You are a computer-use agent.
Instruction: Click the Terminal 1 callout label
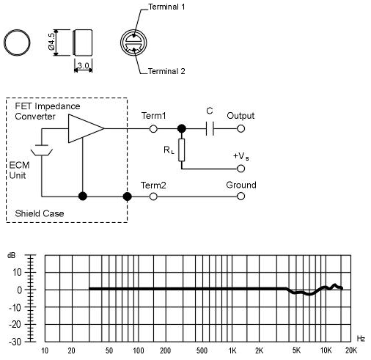(166, 7)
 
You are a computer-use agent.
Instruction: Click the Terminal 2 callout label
(166, 71)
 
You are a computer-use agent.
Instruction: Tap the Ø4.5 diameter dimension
(51, 42)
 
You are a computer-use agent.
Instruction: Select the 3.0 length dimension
(84, 65)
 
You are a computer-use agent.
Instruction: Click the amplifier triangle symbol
(87, 128)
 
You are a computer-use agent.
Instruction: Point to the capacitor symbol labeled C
(210, 128)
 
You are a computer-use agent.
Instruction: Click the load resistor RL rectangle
(181, 150)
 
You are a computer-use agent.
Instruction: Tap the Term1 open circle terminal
(153, 128)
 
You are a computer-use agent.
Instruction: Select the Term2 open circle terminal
(153, 196)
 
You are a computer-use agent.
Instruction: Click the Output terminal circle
(240, 128)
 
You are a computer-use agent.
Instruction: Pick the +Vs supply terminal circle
(240, 169)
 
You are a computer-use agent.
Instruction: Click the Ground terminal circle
(240, 196)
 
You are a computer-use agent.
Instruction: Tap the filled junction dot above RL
(181, 128)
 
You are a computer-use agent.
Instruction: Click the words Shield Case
(40, 213)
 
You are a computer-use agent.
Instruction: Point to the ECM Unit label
(19, 170)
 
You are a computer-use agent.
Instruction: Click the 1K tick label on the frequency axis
(232, 350)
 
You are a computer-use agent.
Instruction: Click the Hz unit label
(361, 339)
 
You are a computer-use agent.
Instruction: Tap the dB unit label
(11, 255)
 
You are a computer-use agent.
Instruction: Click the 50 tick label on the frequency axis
(109, 350)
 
